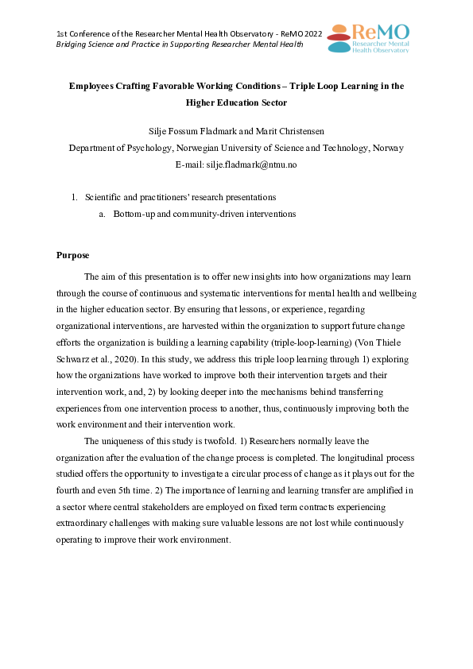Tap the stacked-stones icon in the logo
(x=339, y=37)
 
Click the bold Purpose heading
(x=73, y=255)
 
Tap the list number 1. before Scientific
(x=75, y=197)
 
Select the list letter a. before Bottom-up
(x=103, y=214)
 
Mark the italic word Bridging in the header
(x=72, y=44)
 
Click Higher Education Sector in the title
(x=236, y=103)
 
